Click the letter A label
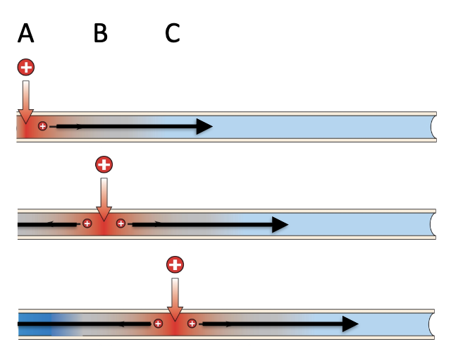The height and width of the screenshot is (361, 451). click(x=25, y=33)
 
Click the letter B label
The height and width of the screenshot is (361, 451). click(x=101, y=33)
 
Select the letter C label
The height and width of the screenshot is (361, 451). click(x=173, y=33)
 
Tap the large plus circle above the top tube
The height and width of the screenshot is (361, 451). click(x=26, y=68)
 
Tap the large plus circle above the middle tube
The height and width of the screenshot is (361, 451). click(x=104, y=165)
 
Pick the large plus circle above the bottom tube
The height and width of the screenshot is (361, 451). click(x=175, y=264)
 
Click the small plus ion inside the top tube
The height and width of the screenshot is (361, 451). click(x=43, y=126)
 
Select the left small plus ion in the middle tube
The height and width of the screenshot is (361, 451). click(x=87, y=224)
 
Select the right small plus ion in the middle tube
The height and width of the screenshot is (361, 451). click(x=121, y=224)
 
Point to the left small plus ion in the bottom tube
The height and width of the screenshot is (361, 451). click(x=158, y=324)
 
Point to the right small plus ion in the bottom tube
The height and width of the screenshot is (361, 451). click(x=192, y=324)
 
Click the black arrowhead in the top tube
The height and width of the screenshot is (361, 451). click(x=204, y=126)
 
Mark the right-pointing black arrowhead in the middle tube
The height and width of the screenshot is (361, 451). click(x=280, y=225)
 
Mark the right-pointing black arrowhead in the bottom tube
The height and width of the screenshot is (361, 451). click(x=350, y=324)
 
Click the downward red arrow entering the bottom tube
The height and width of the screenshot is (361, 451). click(x=175, y=300)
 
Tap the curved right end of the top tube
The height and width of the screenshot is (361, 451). click(x=432, y=126)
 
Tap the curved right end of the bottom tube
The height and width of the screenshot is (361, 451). click(x=432, y=324)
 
